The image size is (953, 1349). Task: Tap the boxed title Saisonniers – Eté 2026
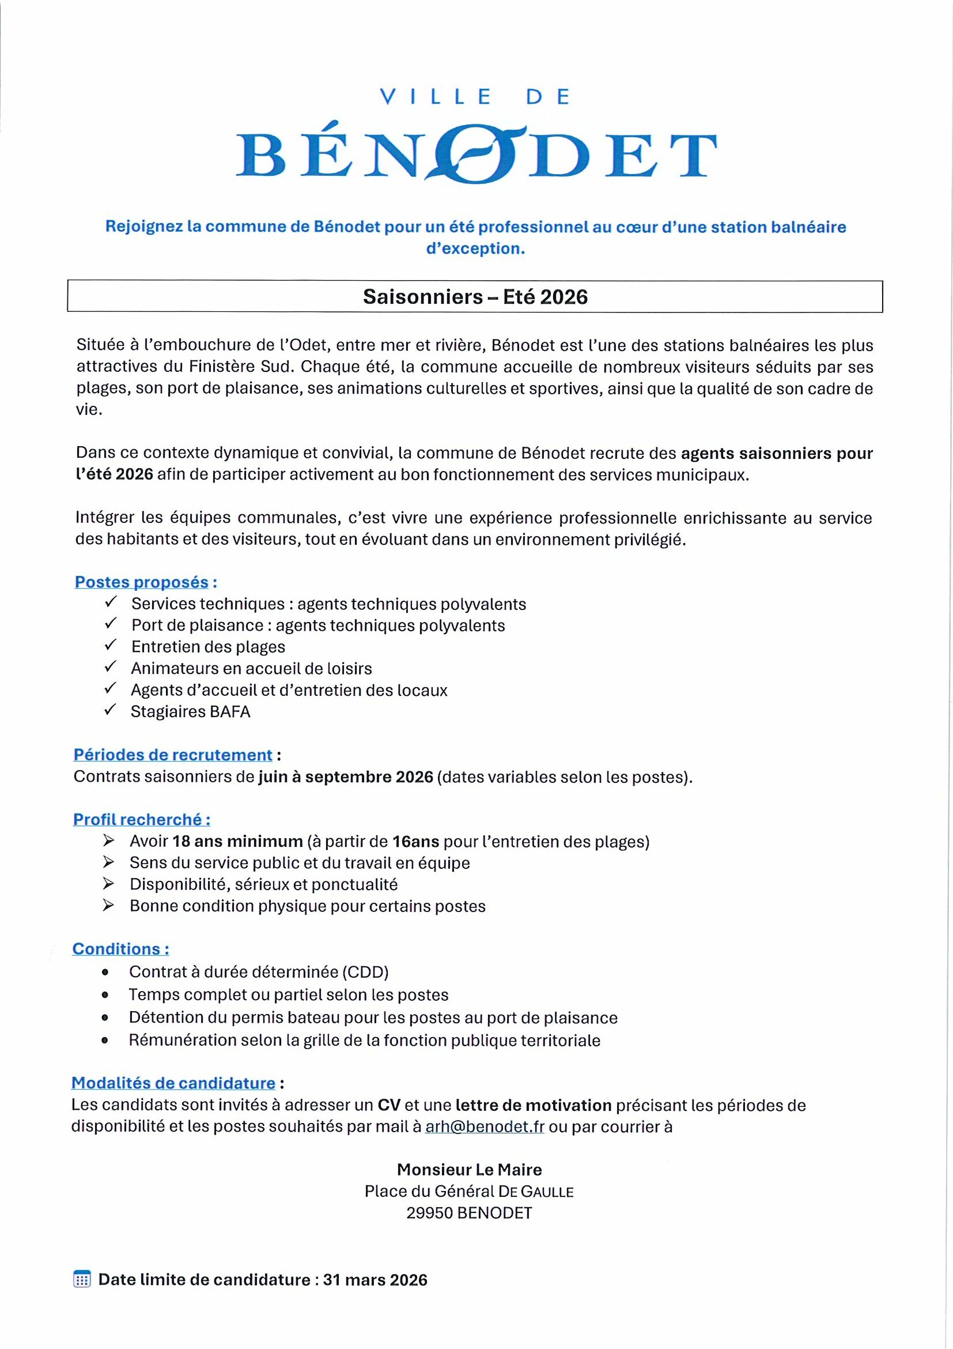click(475, 297)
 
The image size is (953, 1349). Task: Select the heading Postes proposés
click(142, 582)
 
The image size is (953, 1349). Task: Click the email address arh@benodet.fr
click(485, 1126)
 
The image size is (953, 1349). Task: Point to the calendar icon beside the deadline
click(82, 1279)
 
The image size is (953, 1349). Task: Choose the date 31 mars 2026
click(375, 1280)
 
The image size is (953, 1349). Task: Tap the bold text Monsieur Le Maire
click(469, 1169)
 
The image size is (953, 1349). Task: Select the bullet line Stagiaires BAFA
click(190, 711)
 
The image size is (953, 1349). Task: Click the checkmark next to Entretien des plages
click(111, 645)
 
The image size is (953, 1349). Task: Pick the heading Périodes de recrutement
click(173, 755)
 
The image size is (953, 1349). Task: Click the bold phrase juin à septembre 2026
click(345, 777)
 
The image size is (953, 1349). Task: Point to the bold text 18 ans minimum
click(237, 841)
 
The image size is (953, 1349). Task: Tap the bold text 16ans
click(416, 841)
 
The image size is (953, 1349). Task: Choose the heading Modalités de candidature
click(173, 1083)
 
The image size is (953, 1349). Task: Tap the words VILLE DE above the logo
click(475, 97)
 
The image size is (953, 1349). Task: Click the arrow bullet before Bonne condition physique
click(108, 906)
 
